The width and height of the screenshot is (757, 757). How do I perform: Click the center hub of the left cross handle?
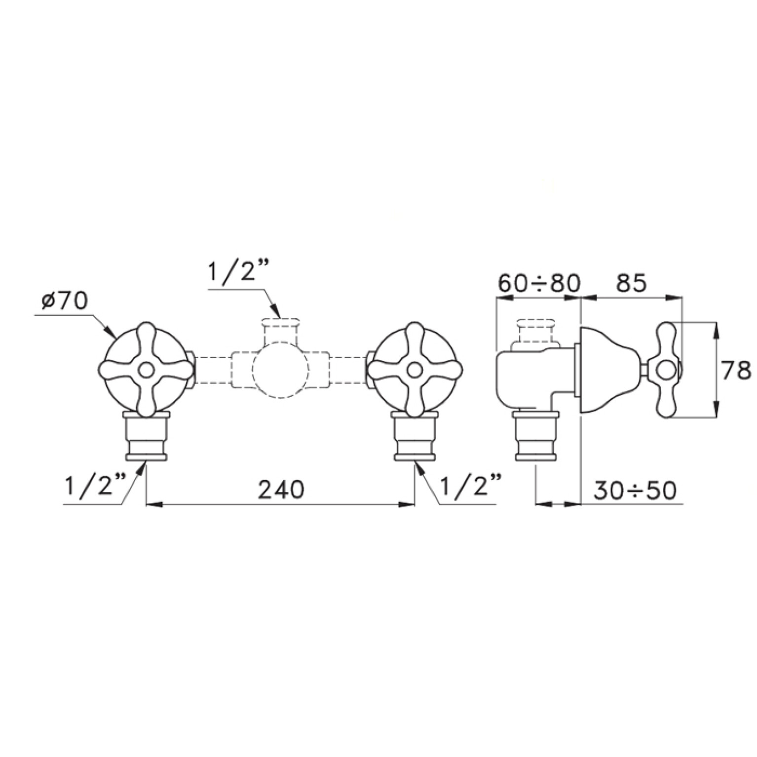tap(146, 370)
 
